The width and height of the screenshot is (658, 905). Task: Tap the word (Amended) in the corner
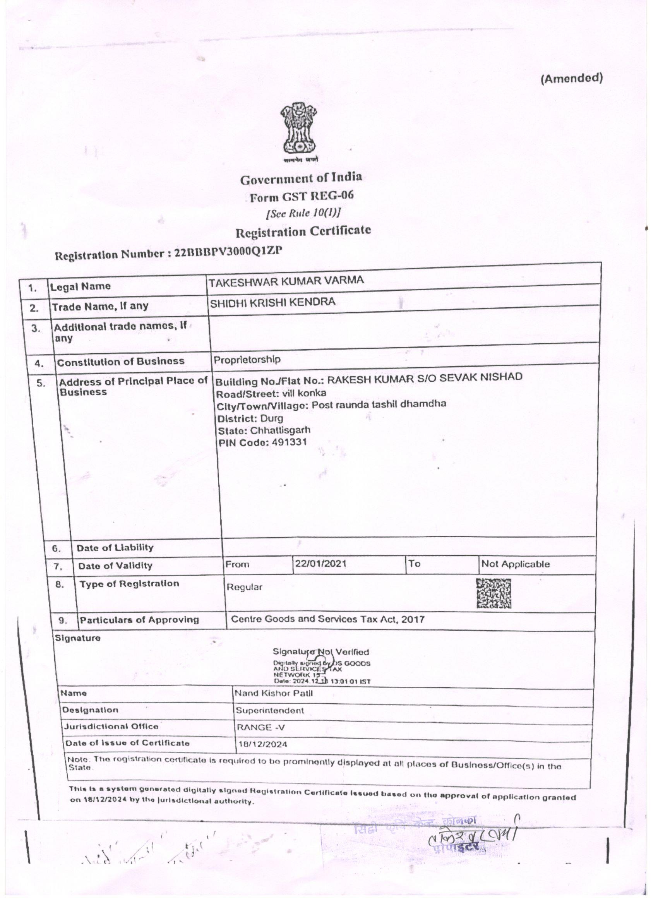coord(571,79)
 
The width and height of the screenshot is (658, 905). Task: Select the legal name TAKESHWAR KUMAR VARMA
coord(286,281)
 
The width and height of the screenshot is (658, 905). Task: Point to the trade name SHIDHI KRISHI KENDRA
coord(272,302)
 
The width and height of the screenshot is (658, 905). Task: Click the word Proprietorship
coord(247,360)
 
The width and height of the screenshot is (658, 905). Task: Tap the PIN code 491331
coord(289,442)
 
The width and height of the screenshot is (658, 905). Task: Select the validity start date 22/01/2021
coord(320,564)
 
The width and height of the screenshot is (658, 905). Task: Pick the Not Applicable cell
coord(515,564)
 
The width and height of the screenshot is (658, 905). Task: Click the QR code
coord(494,593)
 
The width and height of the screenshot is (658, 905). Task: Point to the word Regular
coord(245,587)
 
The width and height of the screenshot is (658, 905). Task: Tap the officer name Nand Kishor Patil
coord(273,693)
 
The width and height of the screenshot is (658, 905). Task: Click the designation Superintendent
coord(270,710)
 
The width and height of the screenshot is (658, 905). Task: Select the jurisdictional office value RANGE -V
coord(261,727)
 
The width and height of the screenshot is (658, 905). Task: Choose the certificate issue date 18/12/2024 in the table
coord(262,744)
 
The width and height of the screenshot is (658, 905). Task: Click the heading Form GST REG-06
coord(301,196)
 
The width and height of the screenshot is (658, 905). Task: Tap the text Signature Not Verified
coord(321,651)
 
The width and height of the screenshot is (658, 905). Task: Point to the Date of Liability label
coord(115,547)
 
